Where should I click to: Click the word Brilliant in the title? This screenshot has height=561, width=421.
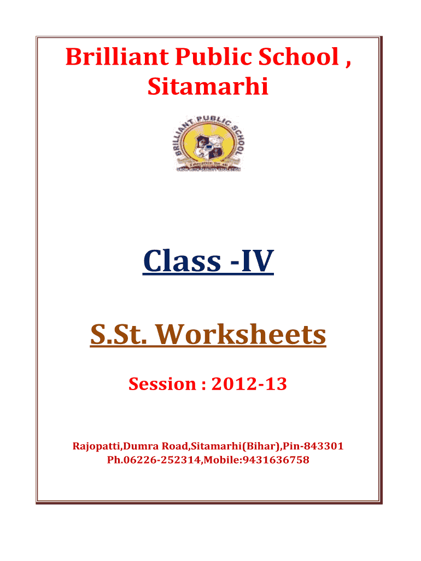(117, 56)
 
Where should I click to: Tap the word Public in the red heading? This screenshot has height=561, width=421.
(214, 56)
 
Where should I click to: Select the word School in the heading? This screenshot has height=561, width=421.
(299, 56)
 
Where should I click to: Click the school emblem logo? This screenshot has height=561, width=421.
(208, 143)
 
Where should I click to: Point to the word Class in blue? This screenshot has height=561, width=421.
(182, 261)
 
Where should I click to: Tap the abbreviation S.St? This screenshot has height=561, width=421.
(119, 334)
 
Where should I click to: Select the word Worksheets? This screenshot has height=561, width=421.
(241, 334)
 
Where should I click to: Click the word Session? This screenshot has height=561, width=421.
(162, 384)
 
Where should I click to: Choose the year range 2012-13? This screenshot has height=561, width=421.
(249, 384)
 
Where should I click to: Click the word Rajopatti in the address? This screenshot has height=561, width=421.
(96, 446)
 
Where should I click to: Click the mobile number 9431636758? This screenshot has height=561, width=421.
(276, 460)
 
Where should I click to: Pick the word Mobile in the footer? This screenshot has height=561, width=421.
(221, 460)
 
